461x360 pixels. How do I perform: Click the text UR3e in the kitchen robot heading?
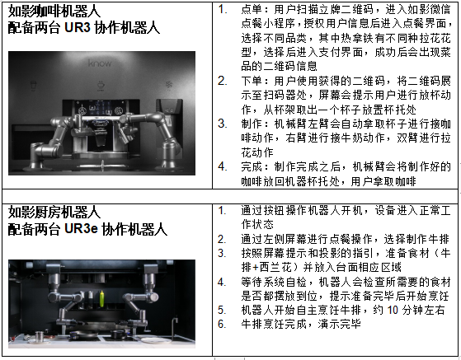click(81, 229)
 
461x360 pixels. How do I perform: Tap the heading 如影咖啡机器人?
click(54, 12)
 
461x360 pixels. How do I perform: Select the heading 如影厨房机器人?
click(54, 212)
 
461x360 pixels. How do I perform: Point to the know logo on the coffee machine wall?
click(100, 63)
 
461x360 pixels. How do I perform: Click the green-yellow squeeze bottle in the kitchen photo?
click(101, 298)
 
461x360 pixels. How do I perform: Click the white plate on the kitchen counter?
click(153, 340)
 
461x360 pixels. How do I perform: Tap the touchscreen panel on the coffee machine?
click(99, 107)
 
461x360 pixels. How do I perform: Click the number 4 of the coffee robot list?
click(222, 166)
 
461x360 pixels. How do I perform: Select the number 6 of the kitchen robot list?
click(222, 325)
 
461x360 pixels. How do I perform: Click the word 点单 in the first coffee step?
click(252, 9)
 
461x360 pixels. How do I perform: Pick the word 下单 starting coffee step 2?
click(252, 81)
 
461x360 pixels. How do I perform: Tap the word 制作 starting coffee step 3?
click(252, 124)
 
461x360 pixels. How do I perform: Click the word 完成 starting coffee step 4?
click(252, 166)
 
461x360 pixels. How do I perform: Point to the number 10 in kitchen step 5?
click(393, 310)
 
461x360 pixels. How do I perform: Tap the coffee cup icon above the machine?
click(101, 85)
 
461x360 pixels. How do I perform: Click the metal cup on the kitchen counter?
click(39, 337)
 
